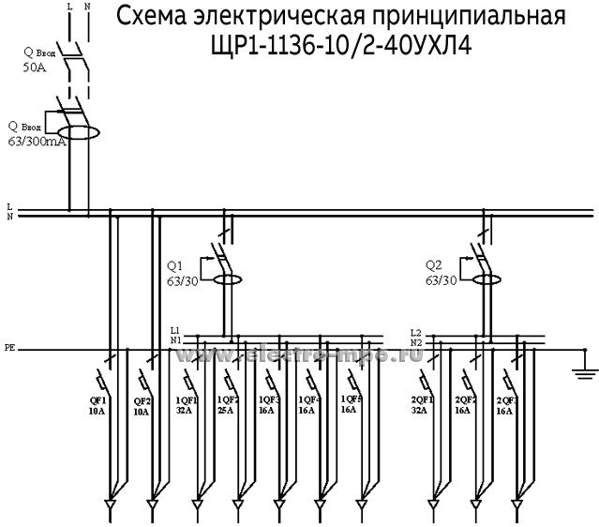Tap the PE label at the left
coord(9,348)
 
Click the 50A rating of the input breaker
coord(34,68)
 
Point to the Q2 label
coord(433,263)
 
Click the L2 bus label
coord(416,331)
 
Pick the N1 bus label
coord(175,340)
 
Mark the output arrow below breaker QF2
coord(154,505)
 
